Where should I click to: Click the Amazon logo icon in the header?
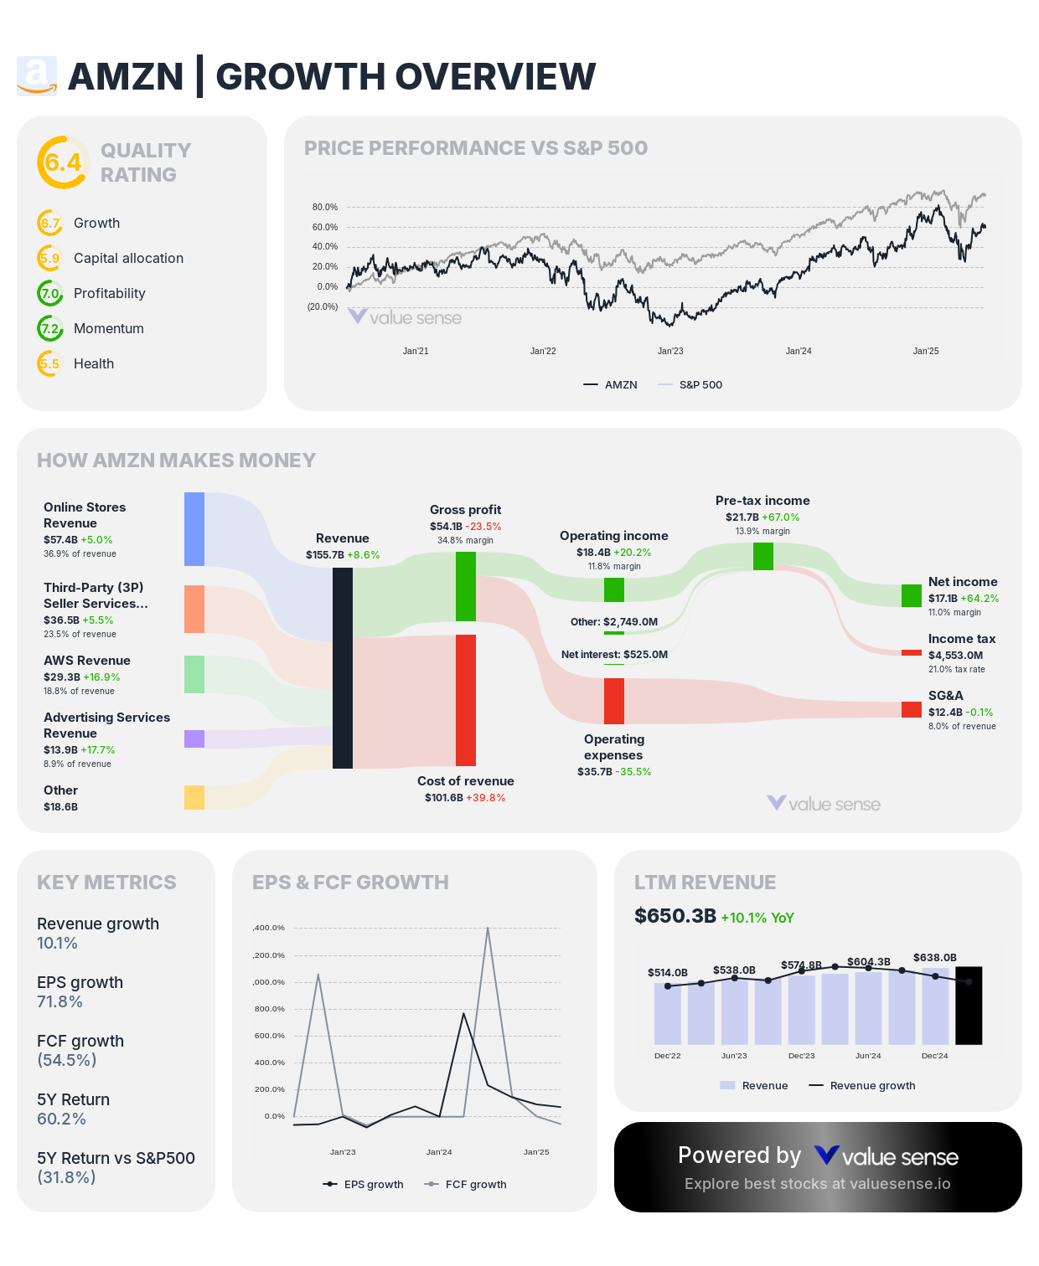[37, 76]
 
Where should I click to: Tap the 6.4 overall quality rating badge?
[63, 162]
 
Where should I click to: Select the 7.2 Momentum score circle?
[50, 328]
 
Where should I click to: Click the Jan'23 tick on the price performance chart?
[670, 351]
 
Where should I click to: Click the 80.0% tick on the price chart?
[324, 207]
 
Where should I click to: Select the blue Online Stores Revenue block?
[194, 529]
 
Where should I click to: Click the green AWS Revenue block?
[194, 674]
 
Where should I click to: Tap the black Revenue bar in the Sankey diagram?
[343, 667]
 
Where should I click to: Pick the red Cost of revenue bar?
[466, 700]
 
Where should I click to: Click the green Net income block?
[912, 595]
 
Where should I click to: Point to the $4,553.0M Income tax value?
[955, 656]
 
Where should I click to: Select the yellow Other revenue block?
[194, 797]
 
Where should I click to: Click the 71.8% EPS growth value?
[59, 1002]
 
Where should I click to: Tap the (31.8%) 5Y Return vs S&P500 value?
[66, 1177]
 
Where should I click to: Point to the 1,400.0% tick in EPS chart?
[269, 928]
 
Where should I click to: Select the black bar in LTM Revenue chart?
[969, 1006]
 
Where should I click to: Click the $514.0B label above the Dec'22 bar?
[668, 972]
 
